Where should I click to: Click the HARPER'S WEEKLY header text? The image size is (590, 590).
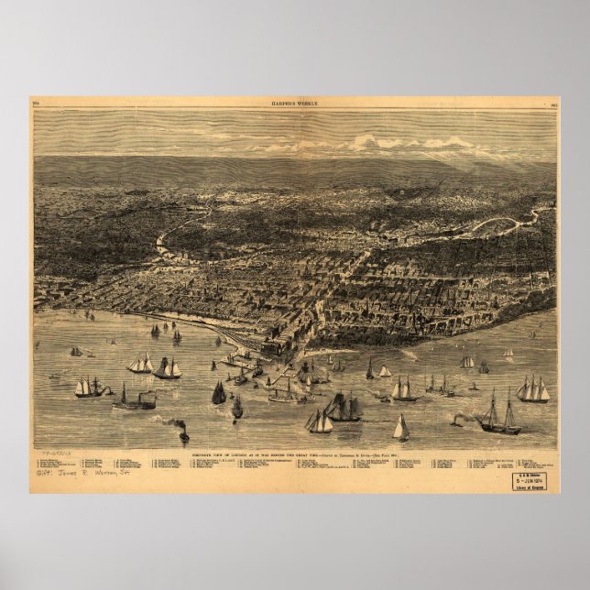click(294, 104)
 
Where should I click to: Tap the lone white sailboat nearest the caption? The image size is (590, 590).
click(401, 428)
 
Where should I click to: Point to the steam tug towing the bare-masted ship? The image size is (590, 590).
click(458, 421)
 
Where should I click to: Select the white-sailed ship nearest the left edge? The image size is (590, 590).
click(88, 387)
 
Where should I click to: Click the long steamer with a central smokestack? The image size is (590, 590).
click(136, 399)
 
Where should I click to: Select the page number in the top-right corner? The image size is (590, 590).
click(552, 104)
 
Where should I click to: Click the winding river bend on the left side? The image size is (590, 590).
click(165, 243)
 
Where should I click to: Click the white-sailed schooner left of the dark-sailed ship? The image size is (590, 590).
click(320, 421)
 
